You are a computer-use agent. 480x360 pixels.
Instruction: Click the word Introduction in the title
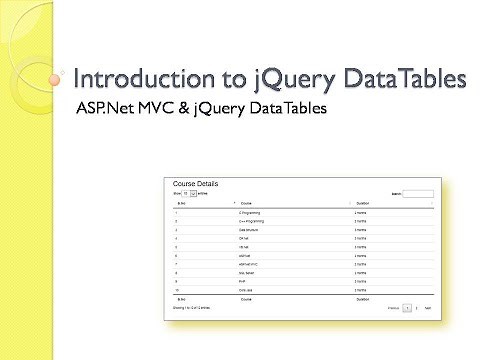click(136, 78)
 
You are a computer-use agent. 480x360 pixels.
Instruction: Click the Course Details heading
click(195, 185)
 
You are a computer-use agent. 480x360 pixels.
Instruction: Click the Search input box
click(418, 193)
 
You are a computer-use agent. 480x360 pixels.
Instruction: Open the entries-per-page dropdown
click(191, 193)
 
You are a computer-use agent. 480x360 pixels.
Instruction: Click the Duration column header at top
click(362, 203)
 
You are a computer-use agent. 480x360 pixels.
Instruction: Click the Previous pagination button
click(393, 308)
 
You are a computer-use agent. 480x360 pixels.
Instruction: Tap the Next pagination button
click(428, 308)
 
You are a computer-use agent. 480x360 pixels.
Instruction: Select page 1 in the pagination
click(407, 308)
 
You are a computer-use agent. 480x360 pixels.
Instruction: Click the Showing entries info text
click(192, 308)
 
